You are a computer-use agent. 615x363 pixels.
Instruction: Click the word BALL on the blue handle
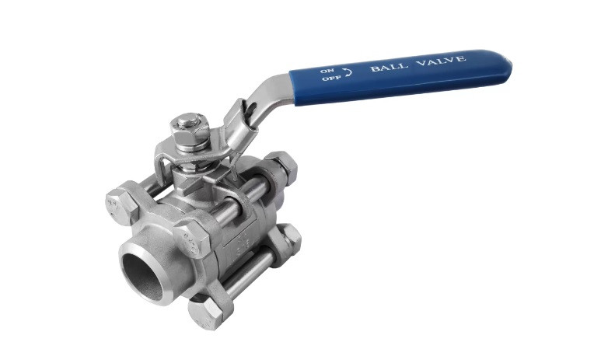tap(386, 67)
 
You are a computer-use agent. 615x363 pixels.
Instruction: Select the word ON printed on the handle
tap(327, 71)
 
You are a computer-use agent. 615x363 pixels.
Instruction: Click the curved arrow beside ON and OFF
tap(348, 73)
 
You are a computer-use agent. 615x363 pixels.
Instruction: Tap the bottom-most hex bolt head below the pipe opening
tap(208, 311)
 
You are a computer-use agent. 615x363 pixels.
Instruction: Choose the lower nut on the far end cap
tap(289, 239)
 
